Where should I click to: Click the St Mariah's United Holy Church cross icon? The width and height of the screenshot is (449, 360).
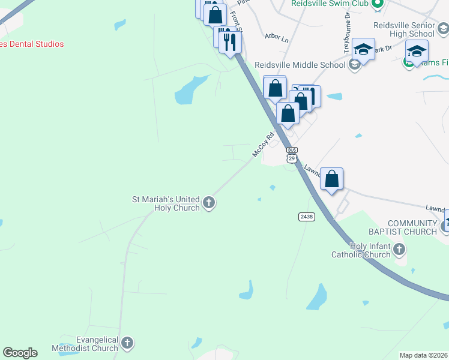(209, 202)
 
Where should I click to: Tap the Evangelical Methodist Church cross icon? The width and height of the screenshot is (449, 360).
(127, 343)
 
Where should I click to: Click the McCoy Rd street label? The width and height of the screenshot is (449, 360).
(263, 145)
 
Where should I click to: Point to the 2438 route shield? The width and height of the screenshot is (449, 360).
(306, 216)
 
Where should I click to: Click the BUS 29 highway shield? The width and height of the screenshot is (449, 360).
(292, 155)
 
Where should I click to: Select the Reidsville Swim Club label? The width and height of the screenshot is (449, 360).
(330, 4)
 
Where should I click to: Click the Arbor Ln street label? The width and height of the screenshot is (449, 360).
(277, 37)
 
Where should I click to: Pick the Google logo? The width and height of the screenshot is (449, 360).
(20, 353)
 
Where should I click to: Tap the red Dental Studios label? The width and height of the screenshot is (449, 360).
(31, 44)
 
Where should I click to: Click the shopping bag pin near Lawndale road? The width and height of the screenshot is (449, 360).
(331, 178)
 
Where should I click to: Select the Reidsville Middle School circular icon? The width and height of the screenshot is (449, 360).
(354, 64)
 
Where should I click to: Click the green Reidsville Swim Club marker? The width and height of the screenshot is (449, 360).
(378, 4)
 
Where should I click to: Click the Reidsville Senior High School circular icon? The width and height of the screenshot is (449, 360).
(443, 28)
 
